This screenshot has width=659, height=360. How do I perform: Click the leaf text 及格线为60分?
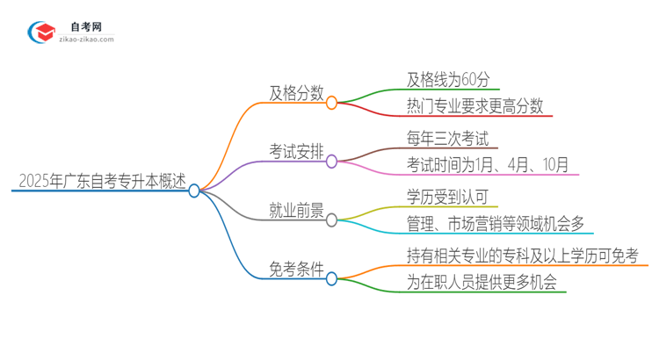click(x=453, y=78)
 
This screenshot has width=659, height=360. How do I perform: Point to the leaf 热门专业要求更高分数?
click(x=475, y=106)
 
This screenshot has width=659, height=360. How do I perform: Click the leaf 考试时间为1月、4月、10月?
click(x=488, y=164)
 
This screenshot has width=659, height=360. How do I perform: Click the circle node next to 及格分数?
click(x=331, y=103)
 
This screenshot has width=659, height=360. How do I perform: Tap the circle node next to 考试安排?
click(x=331, y=162)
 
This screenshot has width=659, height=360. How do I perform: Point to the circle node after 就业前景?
click(x=331, y=220)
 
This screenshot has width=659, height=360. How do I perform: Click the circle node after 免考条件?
click(x=331, y=279)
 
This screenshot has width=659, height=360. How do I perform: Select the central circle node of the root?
click(x=194, y=191)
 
